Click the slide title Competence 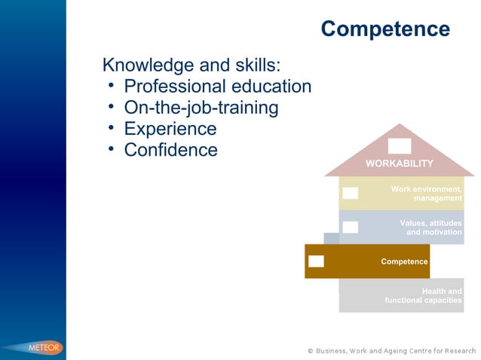(x=384, y=29)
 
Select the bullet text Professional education (x=217, y=86)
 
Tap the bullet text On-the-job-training (x=201, y=108)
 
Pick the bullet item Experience (x=170, y=129)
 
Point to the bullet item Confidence (x=170, y=150)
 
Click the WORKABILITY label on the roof (x=400, y=163)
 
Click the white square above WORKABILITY (x=400, y=146)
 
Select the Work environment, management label (x=427, y=193)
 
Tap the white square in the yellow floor (x=350, y=193)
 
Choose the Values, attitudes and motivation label (x=430, y=227)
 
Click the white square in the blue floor (x=350, y=227)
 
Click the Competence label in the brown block (x=404, y=261)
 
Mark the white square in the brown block (x=316, y=261)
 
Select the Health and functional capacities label (x=423, y=296)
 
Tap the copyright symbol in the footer (x=311, y=350)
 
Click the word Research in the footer (x=459, y=350)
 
